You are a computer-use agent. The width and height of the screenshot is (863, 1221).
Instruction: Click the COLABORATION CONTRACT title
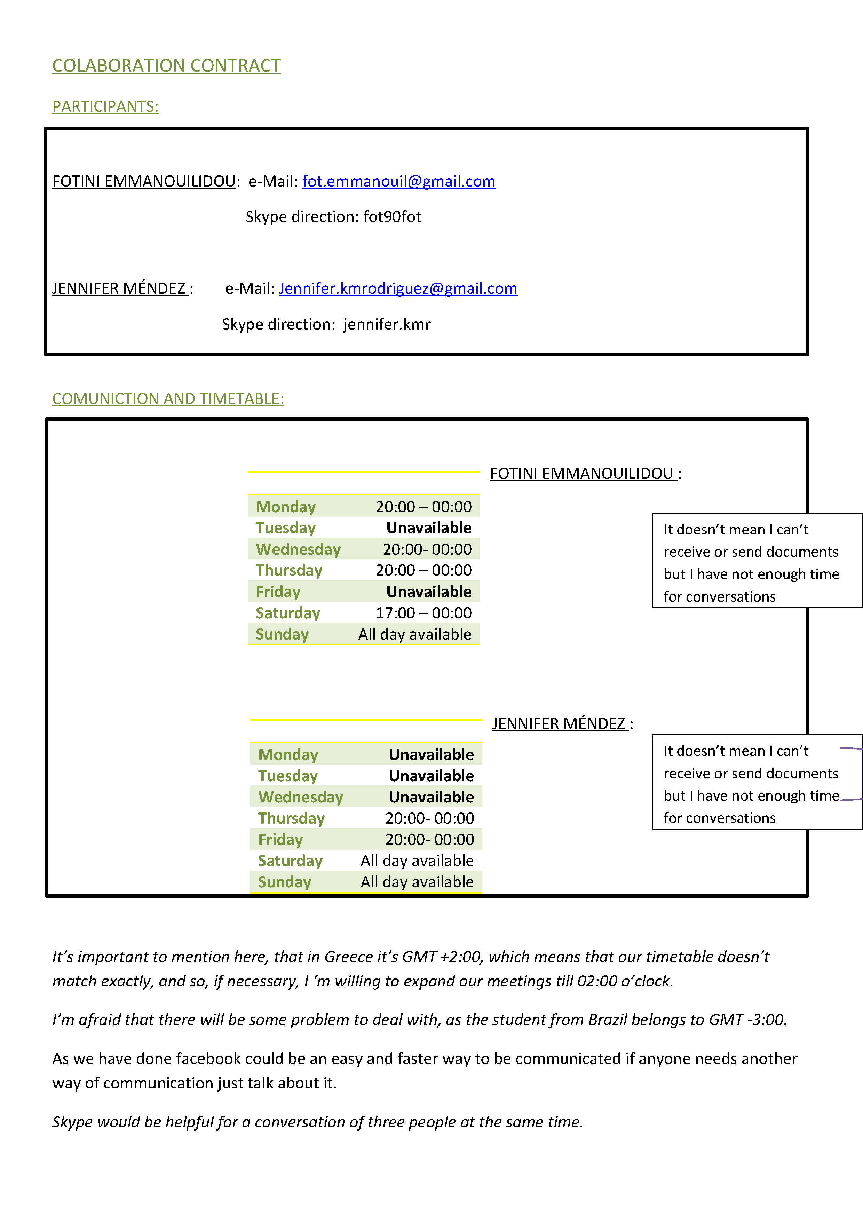click(x=166, y=65)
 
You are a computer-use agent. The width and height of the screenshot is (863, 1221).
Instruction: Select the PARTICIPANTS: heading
click(x=105, y=106)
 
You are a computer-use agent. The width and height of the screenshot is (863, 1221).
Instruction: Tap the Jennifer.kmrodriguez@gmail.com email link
click(x=398, y=288)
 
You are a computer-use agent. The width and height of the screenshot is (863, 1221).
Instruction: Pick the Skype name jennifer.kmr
click(x=387, y=324)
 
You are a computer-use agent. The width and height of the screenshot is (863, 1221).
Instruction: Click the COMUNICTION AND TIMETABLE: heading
click(x=168, y=399)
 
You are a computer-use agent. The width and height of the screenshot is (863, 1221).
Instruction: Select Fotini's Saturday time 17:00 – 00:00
click(x=423, y=613)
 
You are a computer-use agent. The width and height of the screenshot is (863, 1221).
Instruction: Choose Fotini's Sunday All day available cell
click(x=414, y=634)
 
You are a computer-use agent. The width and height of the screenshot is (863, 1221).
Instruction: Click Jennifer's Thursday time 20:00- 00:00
click(x=430, y=818)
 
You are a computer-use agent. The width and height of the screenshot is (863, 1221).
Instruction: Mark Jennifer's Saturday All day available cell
click(x=417, y=861)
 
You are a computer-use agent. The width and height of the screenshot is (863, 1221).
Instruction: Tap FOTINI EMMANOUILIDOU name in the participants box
click(x=144, y=181)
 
